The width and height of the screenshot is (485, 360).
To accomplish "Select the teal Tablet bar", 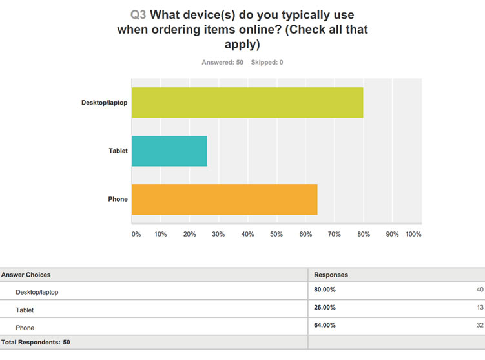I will point(170,151).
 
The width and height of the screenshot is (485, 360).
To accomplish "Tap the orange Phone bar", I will point(225,199).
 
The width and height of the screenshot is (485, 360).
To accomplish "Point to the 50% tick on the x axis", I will point(276,234).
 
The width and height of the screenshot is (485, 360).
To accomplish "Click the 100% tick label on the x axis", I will point(413,234).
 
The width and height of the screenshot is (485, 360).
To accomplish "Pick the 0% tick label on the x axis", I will point(136,234).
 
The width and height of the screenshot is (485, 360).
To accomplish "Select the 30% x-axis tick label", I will point(219,234).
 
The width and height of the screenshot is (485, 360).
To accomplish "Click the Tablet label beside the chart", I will point(118,151).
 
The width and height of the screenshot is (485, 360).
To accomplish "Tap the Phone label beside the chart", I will point(118,199).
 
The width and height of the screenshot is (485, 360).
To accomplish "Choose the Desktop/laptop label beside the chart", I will point(104,103).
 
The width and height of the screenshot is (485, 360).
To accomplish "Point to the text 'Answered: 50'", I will point(223,62).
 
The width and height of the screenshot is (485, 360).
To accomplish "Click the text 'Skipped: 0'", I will point(267,62).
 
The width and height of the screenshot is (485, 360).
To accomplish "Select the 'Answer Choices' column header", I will point(26,275).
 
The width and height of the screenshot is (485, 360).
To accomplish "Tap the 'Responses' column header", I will point(331,275).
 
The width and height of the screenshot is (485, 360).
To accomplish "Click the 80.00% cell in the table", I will point(325,290).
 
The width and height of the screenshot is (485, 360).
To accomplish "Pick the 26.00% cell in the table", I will point(325,308).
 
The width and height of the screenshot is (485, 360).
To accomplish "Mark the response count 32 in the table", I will point(479,326).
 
